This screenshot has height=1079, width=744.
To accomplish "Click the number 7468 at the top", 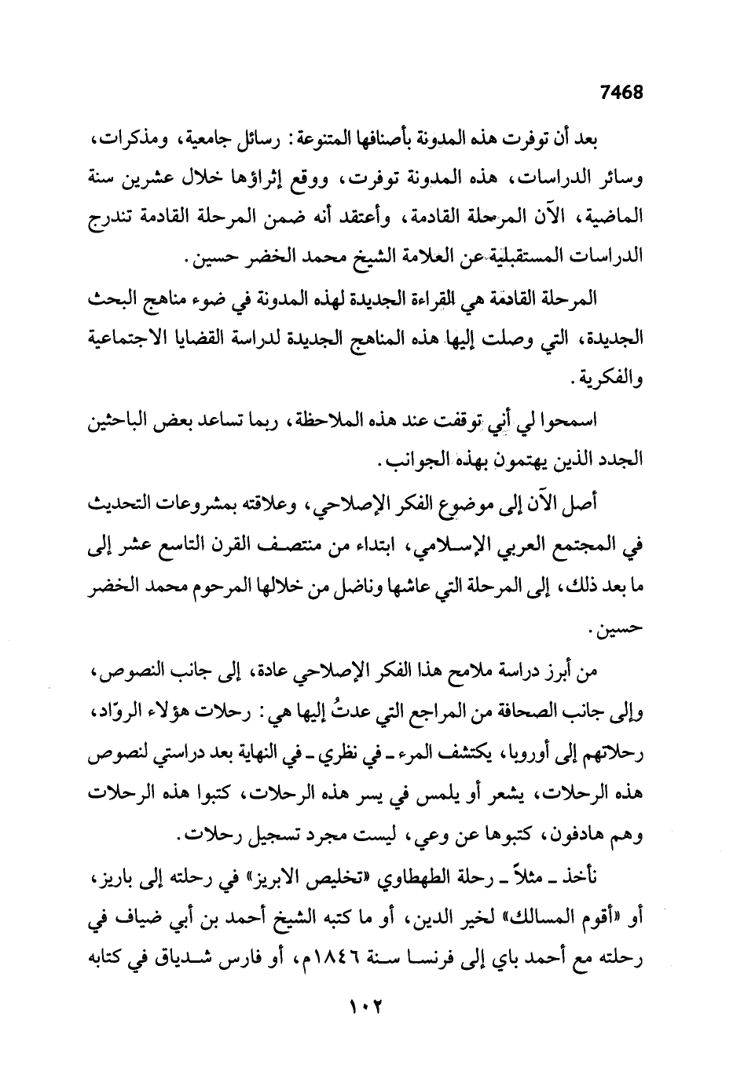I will coord(621,93).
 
